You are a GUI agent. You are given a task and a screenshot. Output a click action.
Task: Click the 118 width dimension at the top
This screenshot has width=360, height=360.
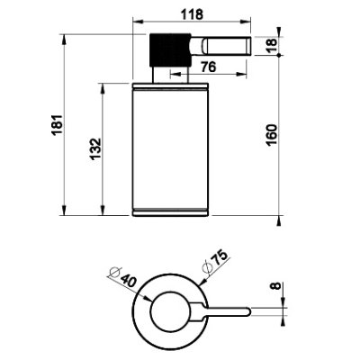[192, 14]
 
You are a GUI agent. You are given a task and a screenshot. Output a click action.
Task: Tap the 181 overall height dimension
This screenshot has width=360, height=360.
[57, 124]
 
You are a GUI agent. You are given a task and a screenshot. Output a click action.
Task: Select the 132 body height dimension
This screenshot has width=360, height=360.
[95, 148]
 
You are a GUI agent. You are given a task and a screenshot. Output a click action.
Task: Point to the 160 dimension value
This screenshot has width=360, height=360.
[272, 135]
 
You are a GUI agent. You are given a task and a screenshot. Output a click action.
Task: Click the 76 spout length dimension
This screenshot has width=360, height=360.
[208, 67]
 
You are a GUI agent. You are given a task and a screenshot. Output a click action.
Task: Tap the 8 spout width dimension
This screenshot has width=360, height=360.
[276, 285]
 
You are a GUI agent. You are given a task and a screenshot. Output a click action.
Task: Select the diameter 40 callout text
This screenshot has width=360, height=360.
[123, 276]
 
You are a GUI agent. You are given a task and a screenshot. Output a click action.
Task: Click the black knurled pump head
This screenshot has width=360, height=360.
[170, 49]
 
